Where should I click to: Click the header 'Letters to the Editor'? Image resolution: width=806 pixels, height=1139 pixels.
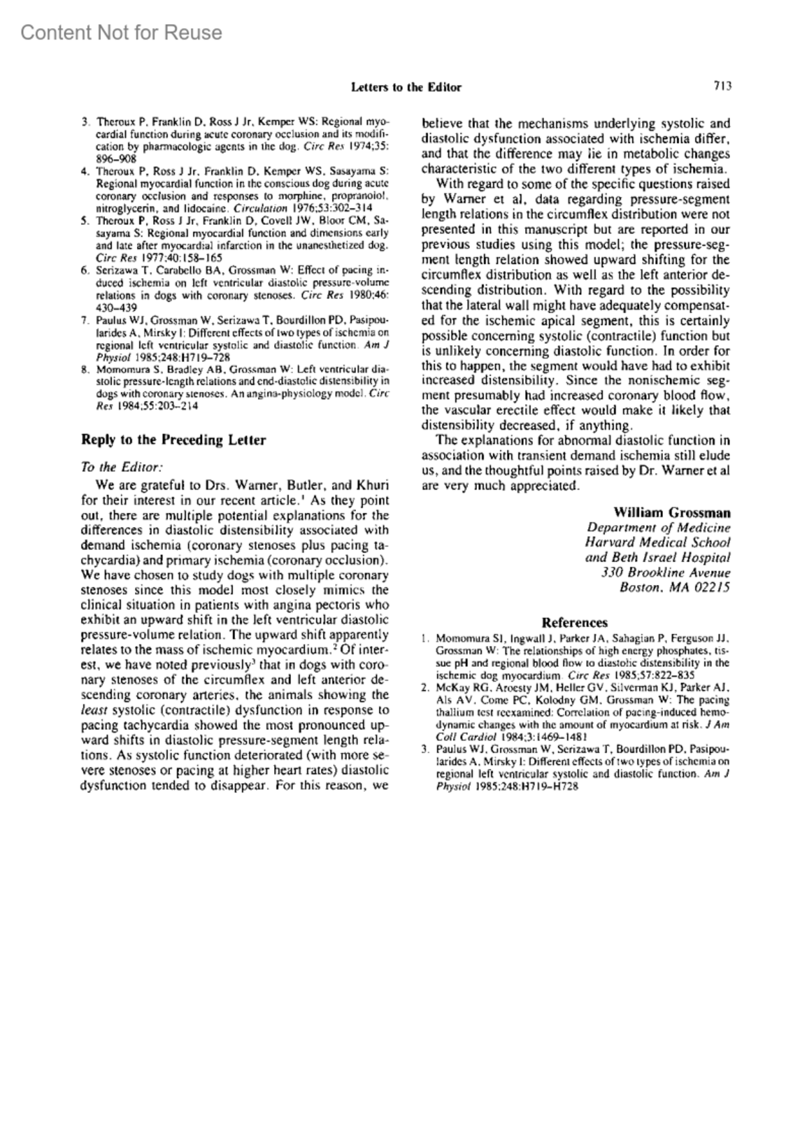click(406, 87)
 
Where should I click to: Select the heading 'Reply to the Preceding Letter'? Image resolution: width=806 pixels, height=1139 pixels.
click(173, 441)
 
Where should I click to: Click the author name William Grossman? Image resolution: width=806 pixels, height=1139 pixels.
click(672, 512)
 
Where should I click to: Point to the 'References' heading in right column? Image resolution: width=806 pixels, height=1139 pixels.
click(574, 623)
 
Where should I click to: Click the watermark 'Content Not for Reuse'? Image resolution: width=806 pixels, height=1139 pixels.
click(122, 32)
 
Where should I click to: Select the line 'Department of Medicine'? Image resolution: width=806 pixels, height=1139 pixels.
click(659, 528)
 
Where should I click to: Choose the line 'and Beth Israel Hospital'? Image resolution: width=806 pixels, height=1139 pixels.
click(658, 558)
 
